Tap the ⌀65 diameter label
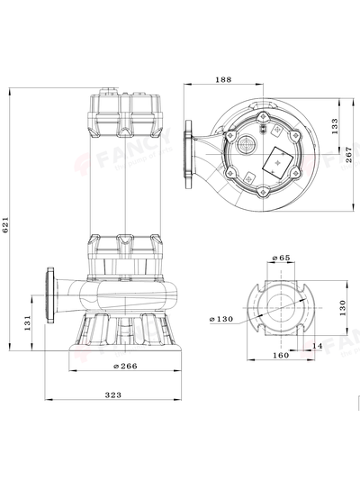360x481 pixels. [x=281, y=259]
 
